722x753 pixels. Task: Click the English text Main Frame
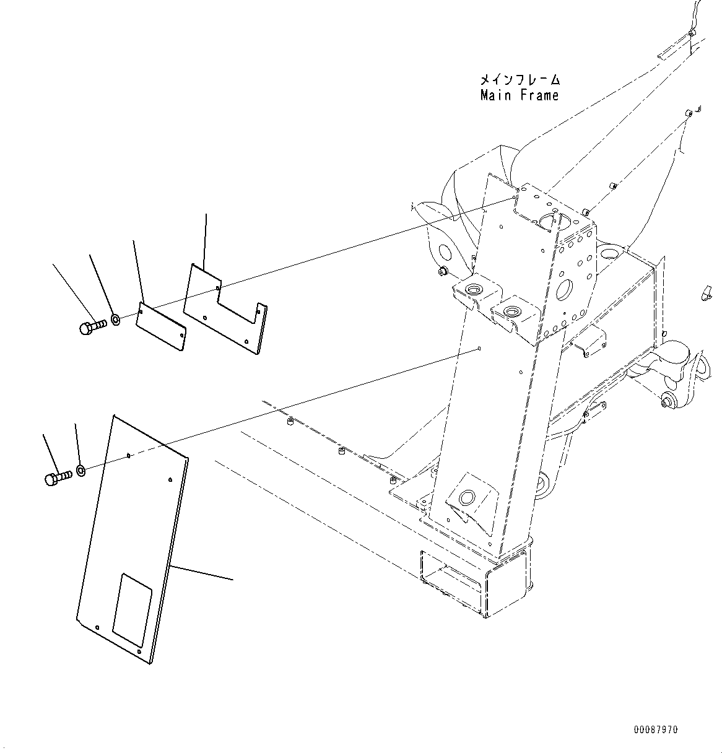click(519, 95)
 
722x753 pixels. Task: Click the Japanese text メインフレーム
click(519, 81)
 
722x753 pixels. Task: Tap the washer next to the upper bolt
click(115, 320)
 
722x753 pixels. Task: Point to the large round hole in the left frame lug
click(443, 252)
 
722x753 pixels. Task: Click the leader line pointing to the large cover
click(201, 573)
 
